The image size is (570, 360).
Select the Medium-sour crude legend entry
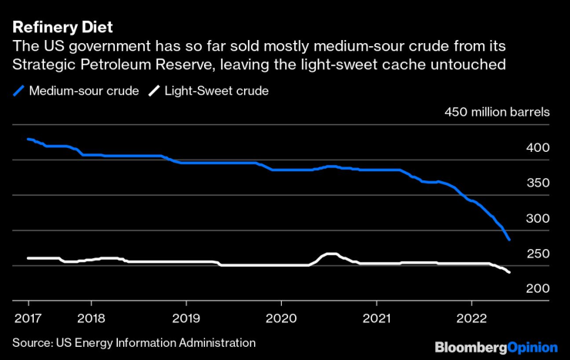pyautogui.click(x=83, y=91)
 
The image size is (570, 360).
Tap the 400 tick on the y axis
pyautogui.click(x=538, y=147)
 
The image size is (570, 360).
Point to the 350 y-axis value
pyautogui.click(x=538, y=183)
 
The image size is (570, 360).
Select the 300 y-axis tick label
pyautogui.click(x=538, y=218)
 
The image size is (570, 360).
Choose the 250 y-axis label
pyautogui.click(x=538, y=254)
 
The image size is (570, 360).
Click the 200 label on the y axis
pyautogui.click(x=538, y=288)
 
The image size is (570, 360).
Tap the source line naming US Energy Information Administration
pyautogui.click(x=133, y=341)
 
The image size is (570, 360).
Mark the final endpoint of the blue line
pyautogui.click(x=509, y=240)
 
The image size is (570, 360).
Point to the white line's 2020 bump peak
pyautogui.click(x=330, y=254)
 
